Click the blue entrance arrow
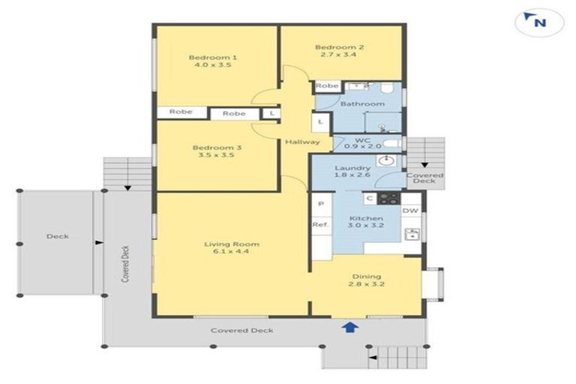349,326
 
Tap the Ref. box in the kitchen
319,224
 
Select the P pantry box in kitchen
320,203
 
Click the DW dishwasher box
411,211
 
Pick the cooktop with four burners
388,199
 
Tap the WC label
362,140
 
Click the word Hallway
302,142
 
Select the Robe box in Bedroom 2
326,85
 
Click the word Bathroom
362,103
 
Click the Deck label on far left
57,236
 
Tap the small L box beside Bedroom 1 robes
271,113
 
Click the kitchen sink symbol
411,235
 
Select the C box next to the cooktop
370,199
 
